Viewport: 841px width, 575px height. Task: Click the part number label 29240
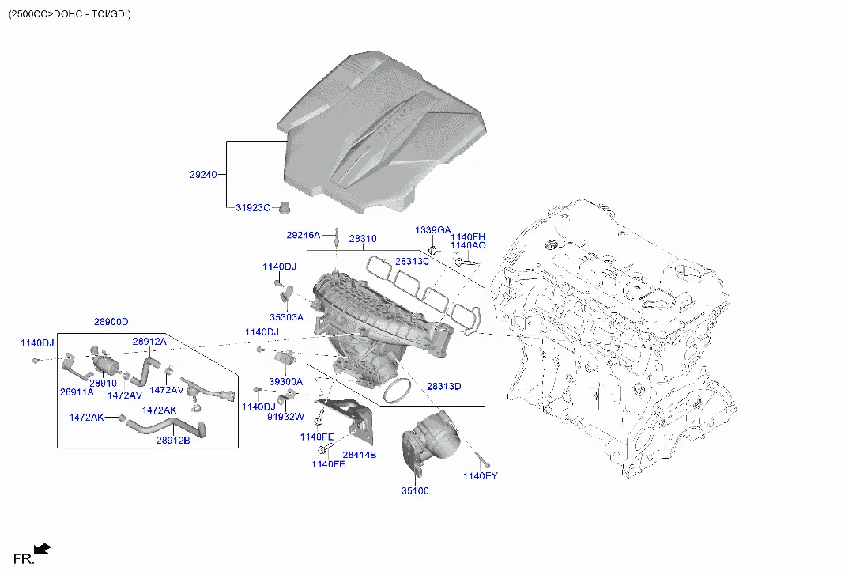click(203, 175)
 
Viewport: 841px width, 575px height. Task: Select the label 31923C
click(253, 208)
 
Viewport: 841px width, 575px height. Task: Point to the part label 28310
click(363, 238)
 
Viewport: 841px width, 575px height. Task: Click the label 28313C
click(413, 262)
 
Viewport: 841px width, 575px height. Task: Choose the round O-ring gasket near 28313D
click(397, 390)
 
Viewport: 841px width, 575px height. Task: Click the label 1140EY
click(481, 476)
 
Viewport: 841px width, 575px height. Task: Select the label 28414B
click(360, 455)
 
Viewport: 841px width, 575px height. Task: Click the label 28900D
click(111, 322)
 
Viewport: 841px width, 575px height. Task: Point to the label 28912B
click(173, 441)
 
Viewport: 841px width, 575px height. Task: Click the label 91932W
click(286, 416)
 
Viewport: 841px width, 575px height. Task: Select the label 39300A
click(286, 382)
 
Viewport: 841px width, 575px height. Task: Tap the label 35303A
click(286, 317)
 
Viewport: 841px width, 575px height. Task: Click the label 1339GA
click(433, 230)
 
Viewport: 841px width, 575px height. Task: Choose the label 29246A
click(303, 235)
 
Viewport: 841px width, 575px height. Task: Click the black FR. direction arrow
click(43, 549)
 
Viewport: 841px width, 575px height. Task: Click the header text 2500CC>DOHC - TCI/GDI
click(70, 14)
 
